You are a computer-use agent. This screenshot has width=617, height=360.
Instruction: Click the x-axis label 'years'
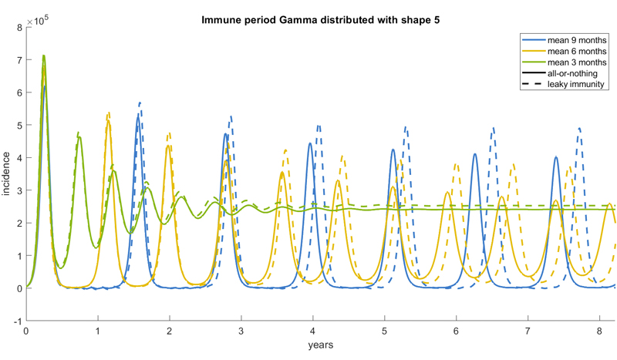[319, 345]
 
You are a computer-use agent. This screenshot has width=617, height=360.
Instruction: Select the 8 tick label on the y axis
[19, 28]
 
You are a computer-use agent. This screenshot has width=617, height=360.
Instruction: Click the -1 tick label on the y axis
[16, 321]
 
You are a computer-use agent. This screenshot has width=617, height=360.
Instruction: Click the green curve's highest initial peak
[44, 56]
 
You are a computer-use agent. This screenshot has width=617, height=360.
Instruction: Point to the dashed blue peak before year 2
[140, 103]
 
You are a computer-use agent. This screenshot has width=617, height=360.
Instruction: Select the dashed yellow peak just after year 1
[109, 113]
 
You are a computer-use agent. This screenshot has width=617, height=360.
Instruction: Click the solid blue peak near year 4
[310, 143]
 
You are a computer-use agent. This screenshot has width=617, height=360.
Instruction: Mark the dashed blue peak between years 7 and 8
[580, 128]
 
